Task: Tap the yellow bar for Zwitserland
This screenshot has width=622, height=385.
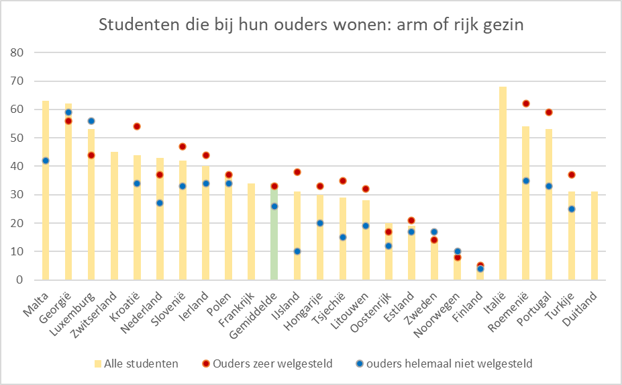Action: pyautogui.click(x=114, y=216)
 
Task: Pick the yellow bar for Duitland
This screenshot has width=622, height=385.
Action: pyautogui.click(x=594, y=236)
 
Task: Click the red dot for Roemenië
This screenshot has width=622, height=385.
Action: pyautogui.click(x=526, y=103)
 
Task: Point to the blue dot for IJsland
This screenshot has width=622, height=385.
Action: pyautogui.click(x=297, y=251)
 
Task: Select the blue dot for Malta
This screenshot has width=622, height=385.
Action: pyautogui.click(x=46, y=161)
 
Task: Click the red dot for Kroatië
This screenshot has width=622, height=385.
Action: pyautogui.click(x=137, y=126)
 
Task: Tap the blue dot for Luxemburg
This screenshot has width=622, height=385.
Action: pyautogui.click(x=91, y=121)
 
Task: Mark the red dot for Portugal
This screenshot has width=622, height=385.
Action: pyautogui.click(x=549, y=112)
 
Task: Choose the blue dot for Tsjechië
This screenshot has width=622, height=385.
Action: pyautogui.click(x=343, y=237)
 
